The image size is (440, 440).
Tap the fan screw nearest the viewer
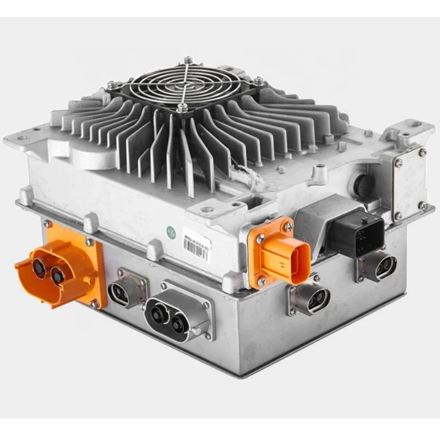pos(182,108)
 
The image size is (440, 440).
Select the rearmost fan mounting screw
pos(188,59)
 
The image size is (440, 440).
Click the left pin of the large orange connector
pos(39,267)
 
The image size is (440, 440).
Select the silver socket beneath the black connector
pos(379,265)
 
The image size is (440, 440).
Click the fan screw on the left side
pos(112,84)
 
